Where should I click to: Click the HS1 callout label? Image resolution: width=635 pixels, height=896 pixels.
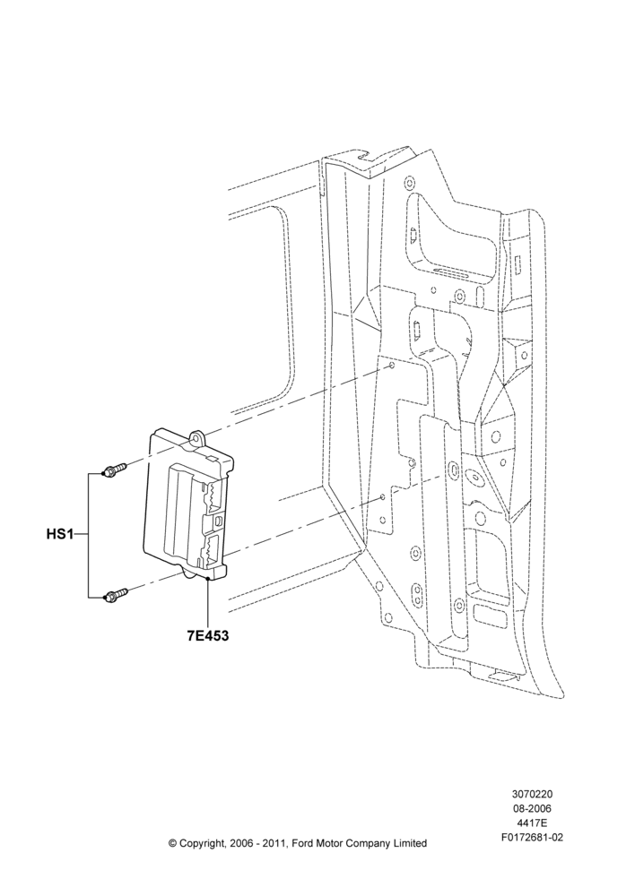click(x=59, y=535)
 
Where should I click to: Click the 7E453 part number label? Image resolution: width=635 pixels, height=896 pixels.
click(x=208, y=635)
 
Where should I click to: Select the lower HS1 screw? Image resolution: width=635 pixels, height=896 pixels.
click(x=115, y=595)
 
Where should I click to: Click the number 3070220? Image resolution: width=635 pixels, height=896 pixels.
click(x=533, y=794)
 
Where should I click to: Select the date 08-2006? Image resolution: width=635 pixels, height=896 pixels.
click(x=533, y=808)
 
